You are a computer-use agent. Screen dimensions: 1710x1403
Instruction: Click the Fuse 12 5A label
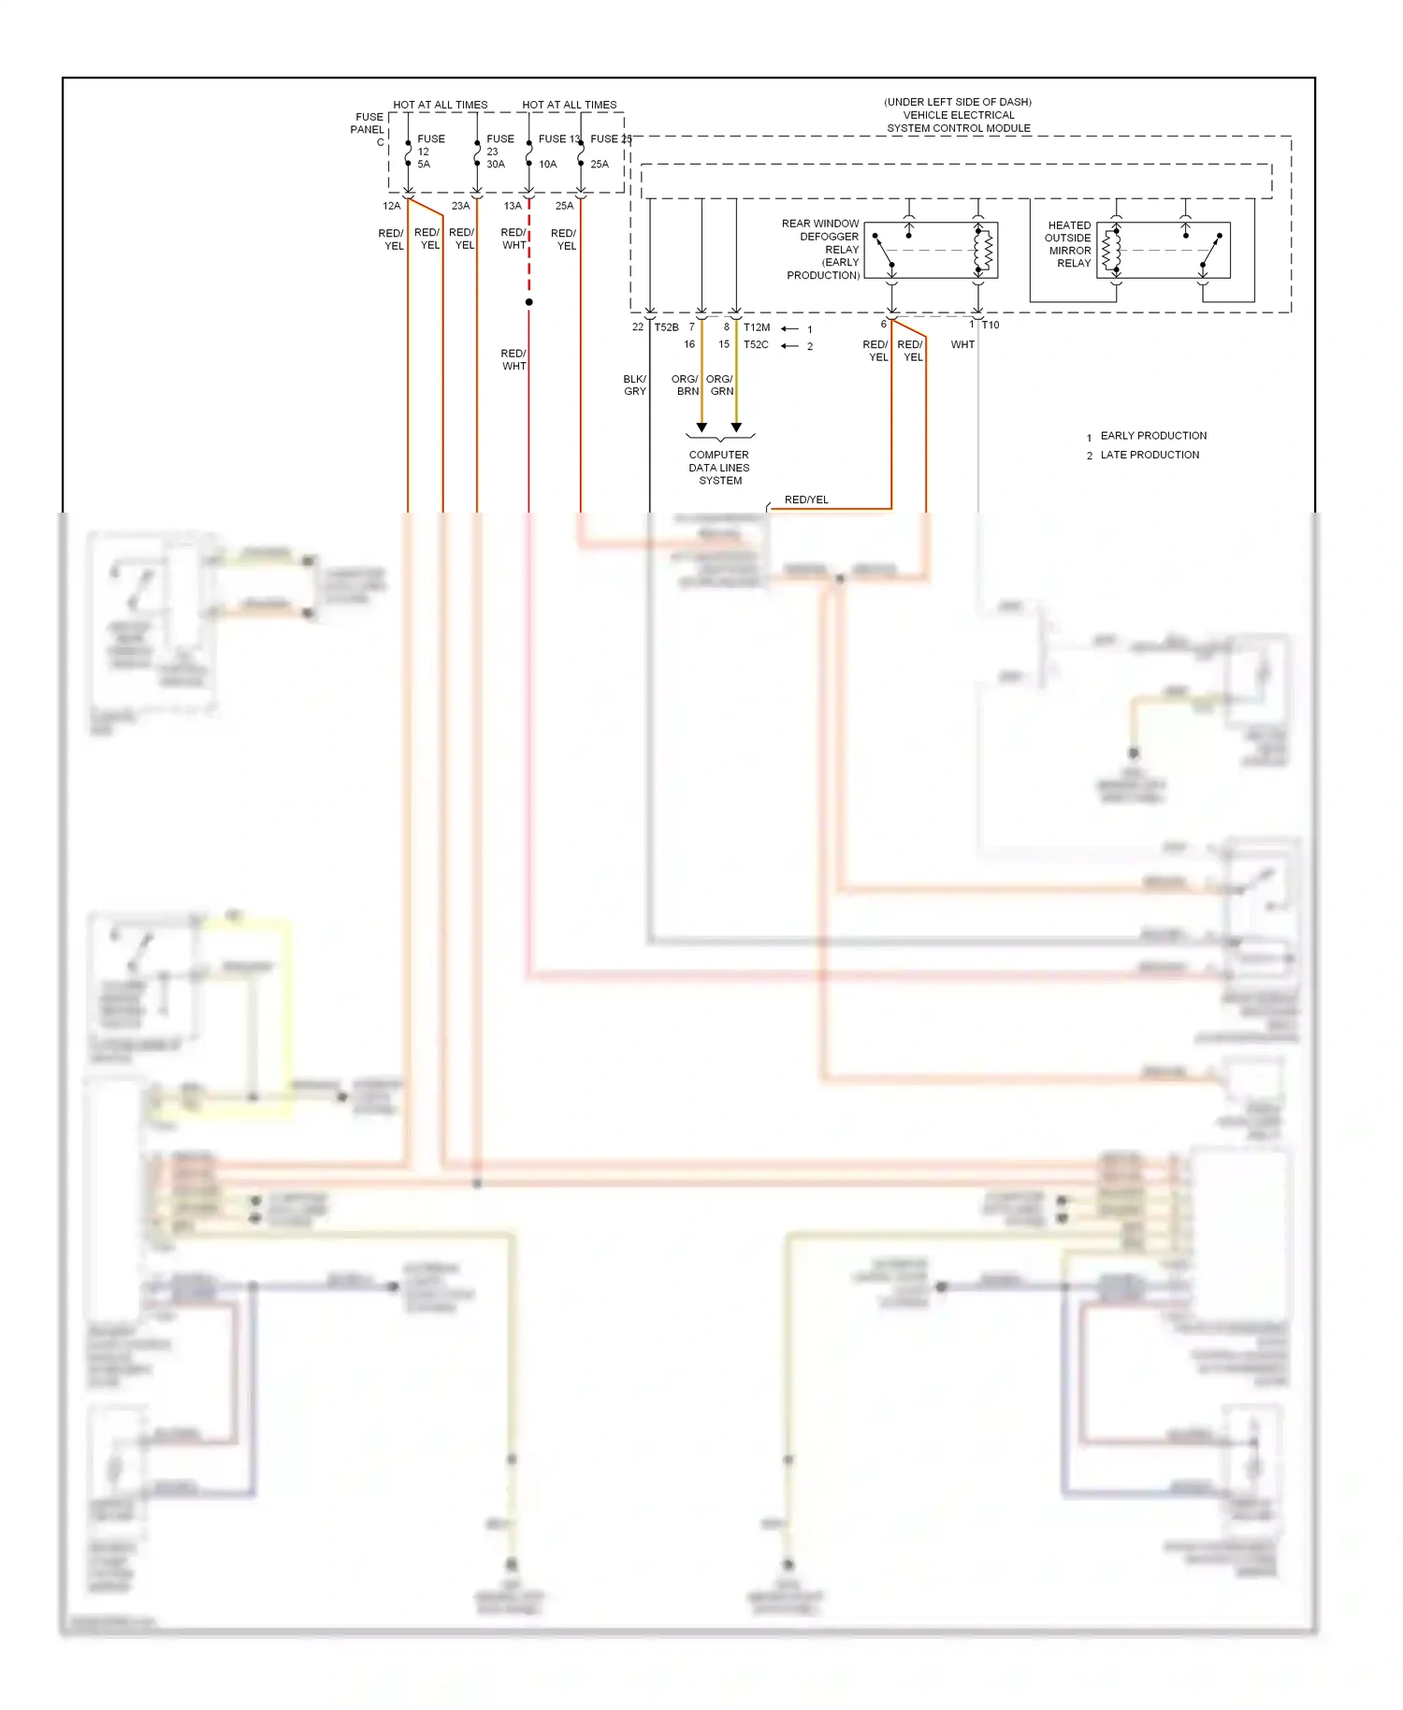429,152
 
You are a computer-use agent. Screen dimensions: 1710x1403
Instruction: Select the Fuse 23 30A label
499,152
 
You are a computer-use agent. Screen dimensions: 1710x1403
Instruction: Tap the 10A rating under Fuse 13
547,165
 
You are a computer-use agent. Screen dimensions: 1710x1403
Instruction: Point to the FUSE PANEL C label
368,129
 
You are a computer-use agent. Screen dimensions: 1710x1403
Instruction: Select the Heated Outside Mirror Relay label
1068,244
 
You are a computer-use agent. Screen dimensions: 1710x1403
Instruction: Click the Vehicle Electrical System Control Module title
958,115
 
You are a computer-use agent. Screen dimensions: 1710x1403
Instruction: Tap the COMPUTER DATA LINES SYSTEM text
719,468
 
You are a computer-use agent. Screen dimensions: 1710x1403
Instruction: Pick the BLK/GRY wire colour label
634,385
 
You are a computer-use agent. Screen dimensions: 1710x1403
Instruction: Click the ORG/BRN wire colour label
686,385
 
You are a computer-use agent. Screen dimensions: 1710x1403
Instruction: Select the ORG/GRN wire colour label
720,385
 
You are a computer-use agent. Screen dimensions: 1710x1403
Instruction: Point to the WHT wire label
962,345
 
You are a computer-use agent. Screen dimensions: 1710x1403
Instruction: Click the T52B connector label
666,327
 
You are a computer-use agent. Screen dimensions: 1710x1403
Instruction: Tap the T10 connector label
991,326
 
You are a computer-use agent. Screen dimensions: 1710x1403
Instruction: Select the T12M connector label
757,327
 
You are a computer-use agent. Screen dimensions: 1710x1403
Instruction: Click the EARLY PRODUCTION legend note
1152,436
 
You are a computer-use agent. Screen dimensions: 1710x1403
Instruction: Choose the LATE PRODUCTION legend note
1149,456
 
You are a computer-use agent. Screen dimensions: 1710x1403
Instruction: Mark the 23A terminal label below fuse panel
460,206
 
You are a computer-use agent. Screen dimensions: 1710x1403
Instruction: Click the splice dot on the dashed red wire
528,302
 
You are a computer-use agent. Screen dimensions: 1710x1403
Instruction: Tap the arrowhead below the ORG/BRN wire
701,427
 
